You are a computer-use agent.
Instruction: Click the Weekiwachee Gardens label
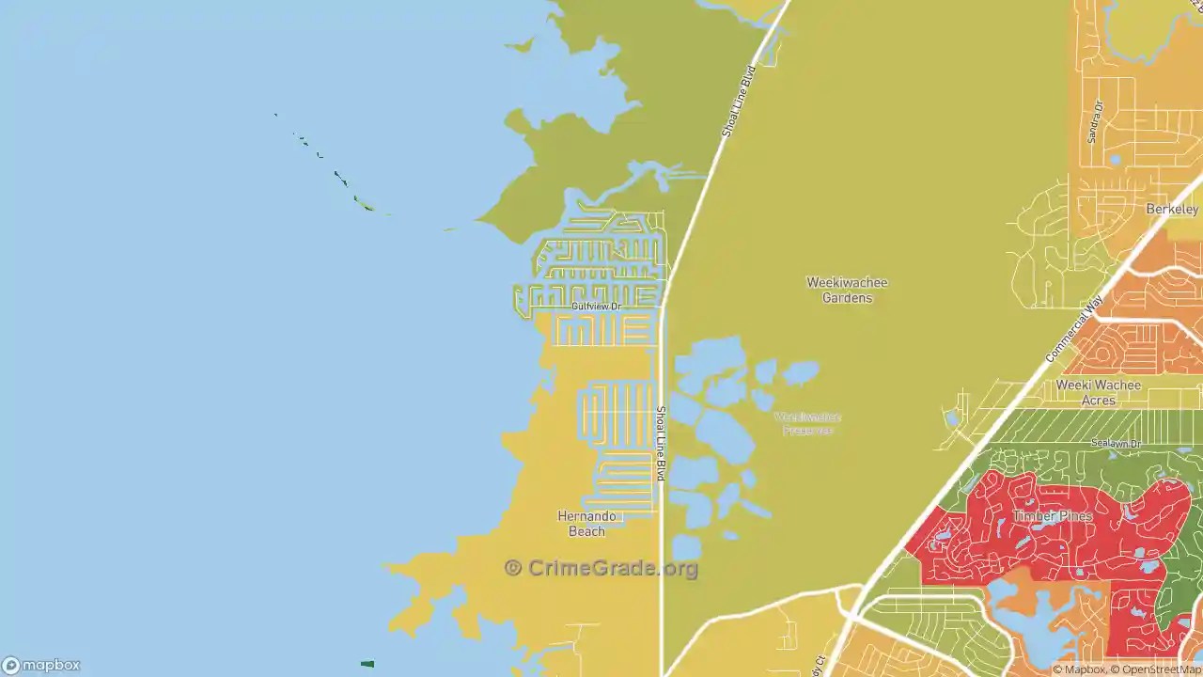click(x=847, y=290)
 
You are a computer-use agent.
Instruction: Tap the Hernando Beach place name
click(x=586, y=524)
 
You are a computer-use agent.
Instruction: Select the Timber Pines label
click(x=1052, y=516)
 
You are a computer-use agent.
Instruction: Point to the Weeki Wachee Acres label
click(x=1098, y=392)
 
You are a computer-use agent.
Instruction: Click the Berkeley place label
click(x=1172, y=209)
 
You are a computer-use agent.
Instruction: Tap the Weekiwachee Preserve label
click(x=807, y=423)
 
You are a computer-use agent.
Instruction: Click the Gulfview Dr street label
click(x=597, y=307)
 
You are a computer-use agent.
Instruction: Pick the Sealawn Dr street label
click(x=1116, y=443)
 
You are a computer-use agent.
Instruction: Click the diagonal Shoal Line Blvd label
click(x=739, y=102)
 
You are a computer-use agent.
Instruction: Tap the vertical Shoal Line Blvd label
click(x=661, y=443)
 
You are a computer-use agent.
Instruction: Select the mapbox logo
click(x=41, y=665)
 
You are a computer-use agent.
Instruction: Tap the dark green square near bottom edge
click(x=367, y=664)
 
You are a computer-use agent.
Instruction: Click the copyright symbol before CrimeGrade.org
click(x=513, y=568)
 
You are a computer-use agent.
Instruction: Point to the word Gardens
click(x=847, y=298)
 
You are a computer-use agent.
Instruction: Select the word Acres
click(x=1098, y=401)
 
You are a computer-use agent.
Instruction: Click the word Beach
click(x=586, y=531)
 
